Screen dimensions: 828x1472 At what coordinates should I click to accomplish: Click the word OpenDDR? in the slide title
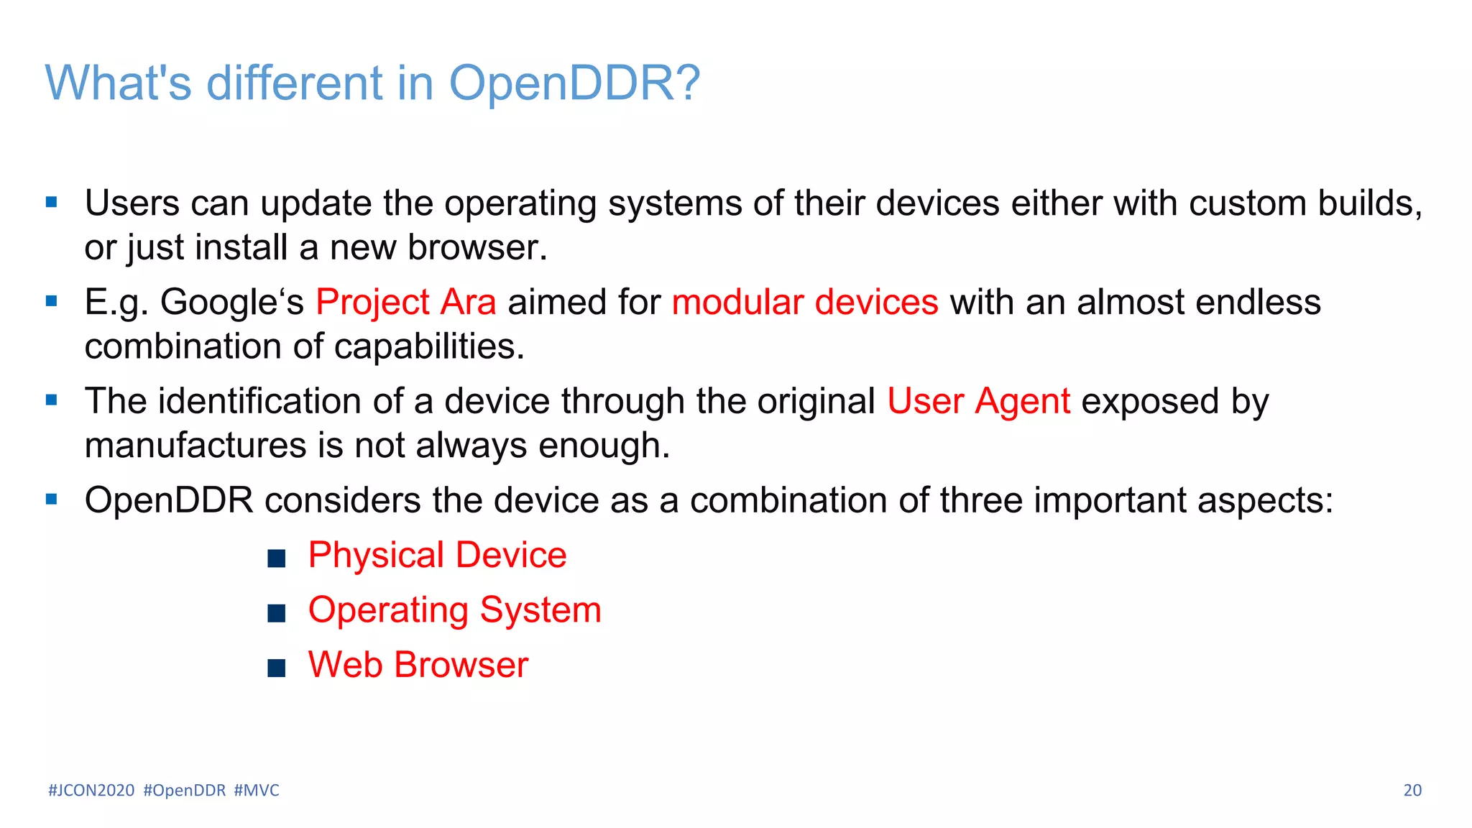click(x=574, y=83)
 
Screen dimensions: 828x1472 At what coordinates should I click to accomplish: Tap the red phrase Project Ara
click(x=405, y=302)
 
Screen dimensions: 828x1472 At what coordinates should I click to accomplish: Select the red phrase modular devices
click(x=804, y=302)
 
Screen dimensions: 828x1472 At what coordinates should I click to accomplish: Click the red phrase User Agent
click(x=978, y=401)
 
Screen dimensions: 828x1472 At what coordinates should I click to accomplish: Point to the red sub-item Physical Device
click(x=437, y=556)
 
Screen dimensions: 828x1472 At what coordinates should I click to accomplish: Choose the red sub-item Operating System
click(x=454, y=610)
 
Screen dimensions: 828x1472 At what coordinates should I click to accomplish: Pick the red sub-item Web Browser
click(x=418, y=665)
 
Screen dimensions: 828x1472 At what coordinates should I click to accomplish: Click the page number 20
click(x=1412, y=791)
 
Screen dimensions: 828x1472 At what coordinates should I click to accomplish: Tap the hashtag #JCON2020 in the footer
click(x=91, y=791)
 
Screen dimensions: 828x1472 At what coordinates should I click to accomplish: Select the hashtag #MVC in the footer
click(x=257, y=791)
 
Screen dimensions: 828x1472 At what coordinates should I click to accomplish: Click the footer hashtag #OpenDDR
click(x=185, y=791)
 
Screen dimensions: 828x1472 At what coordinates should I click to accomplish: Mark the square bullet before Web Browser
click(x=276, y=668)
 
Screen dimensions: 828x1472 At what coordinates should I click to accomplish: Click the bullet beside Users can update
click(x=51, y=203)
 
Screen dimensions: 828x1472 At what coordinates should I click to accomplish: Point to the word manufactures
click(x=195, y=446)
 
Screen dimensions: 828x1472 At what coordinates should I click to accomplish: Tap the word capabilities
click(x=429, y=346)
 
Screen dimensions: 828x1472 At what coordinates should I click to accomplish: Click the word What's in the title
click(x=118, y=83)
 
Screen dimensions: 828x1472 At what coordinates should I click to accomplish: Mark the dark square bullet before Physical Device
click(x=276, y=558)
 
